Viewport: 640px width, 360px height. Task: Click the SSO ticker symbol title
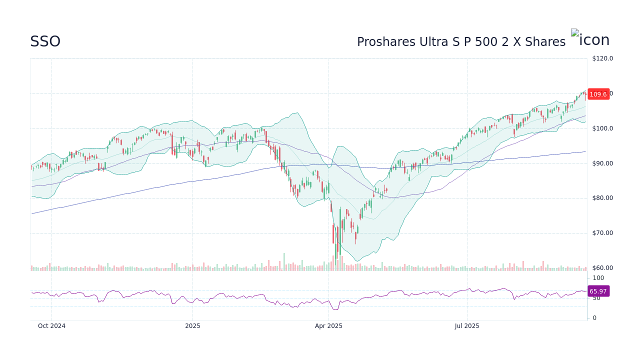click(45, 41)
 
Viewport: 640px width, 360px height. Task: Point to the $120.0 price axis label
click(602, 58)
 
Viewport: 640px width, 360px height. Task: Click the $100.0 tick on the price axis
click(602, 128)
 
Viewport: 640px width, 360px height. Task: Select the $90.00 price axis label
click(602, 163)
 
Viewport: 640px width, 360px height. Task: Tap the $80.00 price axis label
click(602, 198)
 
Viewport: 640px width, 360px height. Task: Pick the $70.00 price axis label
click(602, 233)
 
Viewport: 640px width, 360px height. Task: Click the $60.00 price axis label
click(602, 268)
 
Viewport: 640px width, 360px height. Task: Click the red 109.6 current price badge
click(598, 94)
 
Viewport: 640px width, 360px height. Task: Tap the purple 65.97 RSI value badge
click(598, 291)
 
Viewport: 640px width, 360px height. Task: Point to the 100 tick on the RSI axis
click(598, 278)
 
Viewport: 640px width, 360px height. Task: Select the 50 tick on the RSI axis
click(597, 298)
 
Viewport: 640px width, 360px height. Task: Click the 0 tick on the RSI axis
click(594, 318)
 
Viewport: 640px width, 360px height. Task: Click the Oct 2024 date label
click(51, 326)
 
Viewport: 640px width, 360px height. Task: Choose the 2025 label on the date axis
click(192, 326)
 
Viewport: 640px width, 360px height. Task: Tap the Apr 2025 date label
click(328, 326)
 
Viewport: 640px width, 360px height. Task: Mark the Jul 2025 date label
click(467, 326)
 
